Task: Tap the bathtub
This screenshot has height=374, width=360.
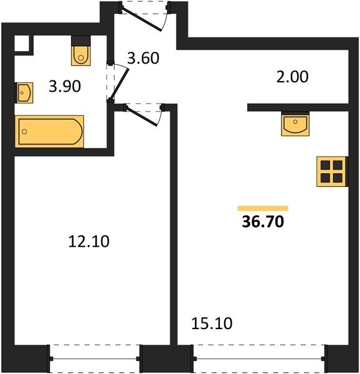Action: pyautogui.click(x=49, y=132)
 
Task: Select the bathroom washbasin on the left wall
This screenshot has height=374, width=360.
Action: pyautogui.click(x=24, y=93)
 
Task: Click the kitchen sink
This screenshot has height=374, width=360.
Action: pyautogui.click(x=295, y=124)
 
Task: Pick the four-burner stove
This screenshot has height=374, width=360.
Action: pyautogui.click(x=331, y=171)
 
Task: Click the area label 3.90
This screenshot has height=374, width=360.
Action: pyautogui.click(x=65, y=87)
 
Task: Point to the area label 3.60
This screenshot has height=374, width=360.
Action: pyautogui.click(x=143, y=58)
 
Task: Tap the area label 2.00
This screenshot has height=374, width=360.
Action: pyautogui.click(x=292, y=77)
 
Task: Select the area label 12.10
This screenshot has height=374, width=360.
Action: pyautogui.click(x=88, y=241)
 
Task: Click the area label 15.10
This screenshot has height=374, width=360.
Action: pyautogui.click(x=212, y=324)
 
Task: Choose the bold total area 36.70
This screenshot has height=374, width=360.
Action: pyautogui.click(x=263, y=221)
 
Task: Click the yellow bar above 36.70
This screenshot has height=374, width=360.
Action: pyautogui.click(x=263, y=208)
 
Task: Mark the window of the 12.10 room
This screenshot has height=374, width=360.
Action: pyautogui.click(x=95, y=358)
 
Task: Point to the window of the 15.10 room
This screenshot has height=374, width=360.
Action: pyautogui.click(x=259, y=358)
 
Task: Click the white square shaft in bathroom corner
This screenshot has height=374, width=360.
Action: pyautogui.click(x=22, y=43)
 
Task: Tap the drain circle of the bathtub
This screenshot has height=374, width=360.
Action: pyautogui.click(x=24, y=132)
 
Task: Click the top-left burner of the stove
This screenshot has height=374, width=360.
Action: pyautogui.click(x=325, y=165)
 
